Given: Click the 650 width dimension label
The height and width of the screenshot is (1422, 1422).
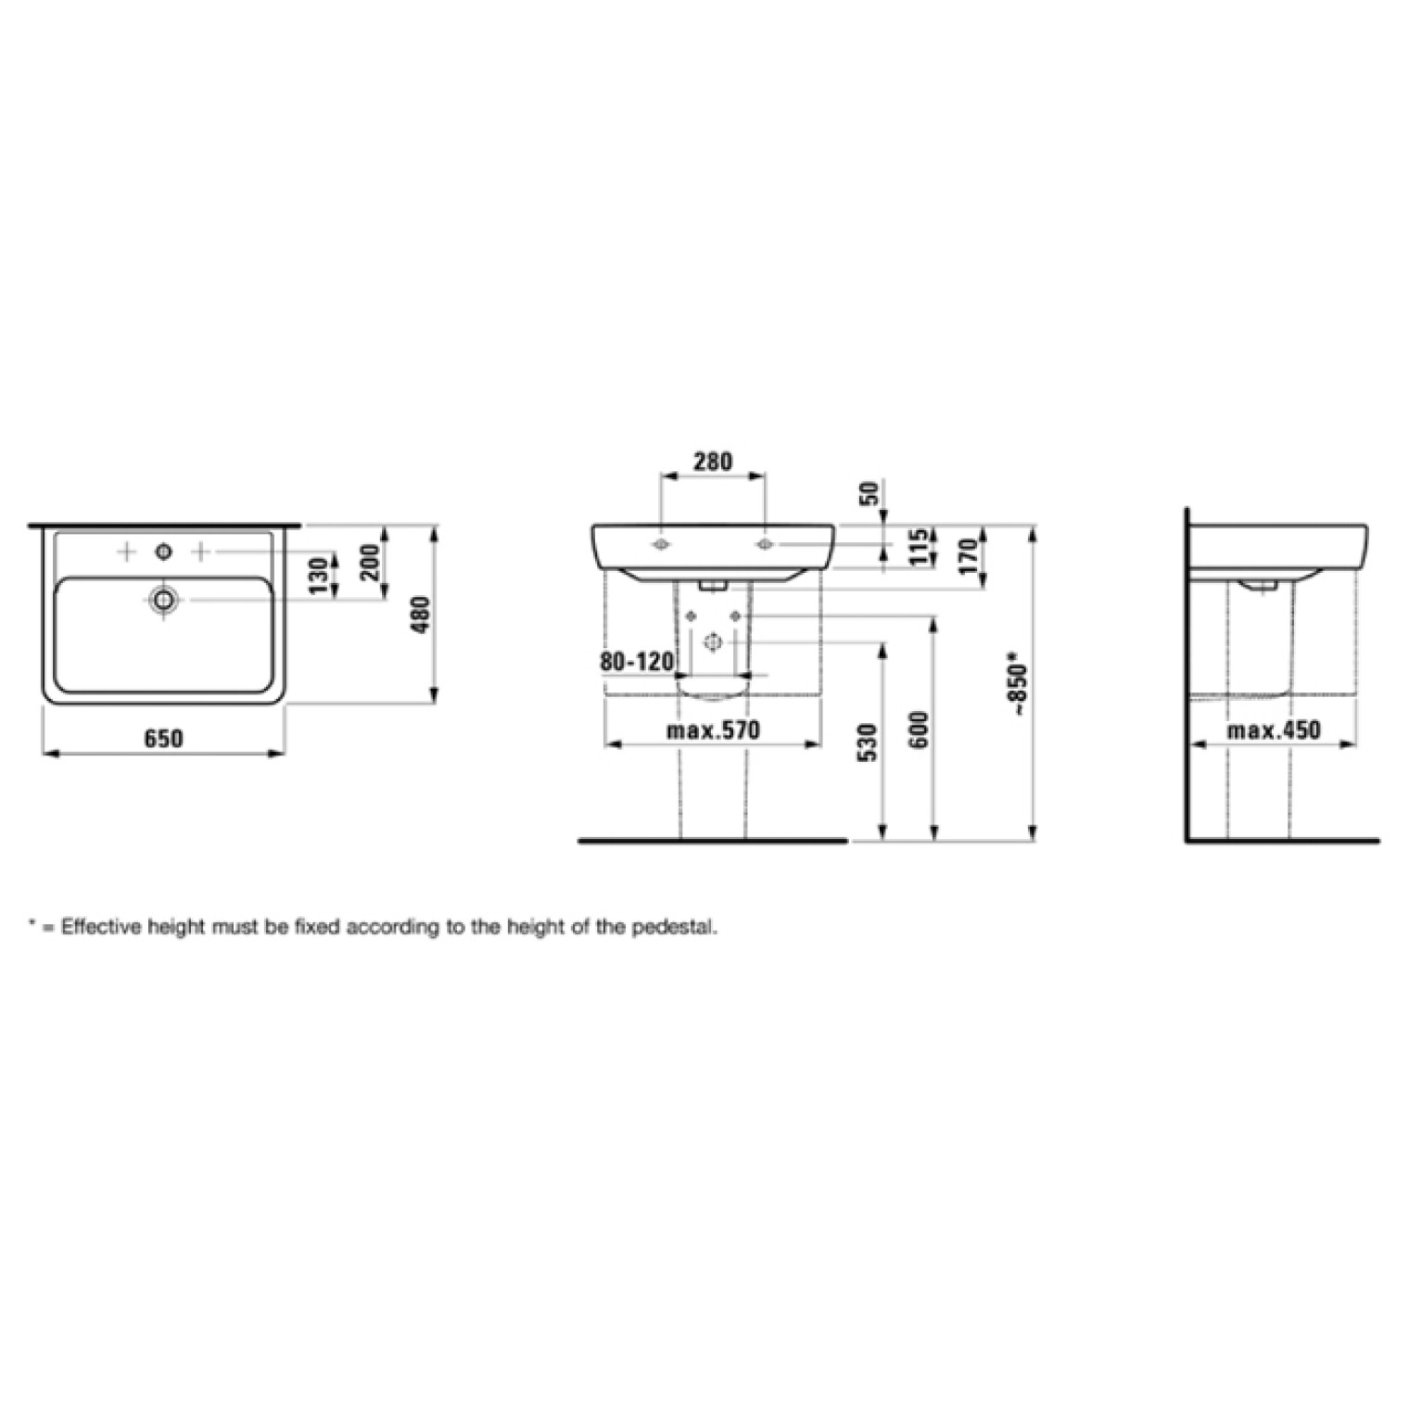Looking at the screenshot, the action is pos(164,738).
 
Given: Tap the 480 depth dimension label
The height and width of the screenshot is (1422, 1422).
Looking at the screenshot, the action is pos(421,615).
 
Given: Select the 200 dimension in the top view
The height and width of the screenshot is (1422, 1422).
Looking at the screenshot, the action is pos(371,563).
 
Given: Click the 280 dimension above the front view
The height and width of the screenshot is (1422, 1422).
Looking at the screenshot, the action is pos(713,461).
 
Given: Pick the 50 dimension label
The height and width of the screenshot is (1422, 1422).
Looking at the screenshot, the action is pos(870,493).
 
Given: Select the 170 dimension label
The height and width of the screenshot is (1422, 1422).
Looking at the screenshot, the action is pos(971,556).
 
